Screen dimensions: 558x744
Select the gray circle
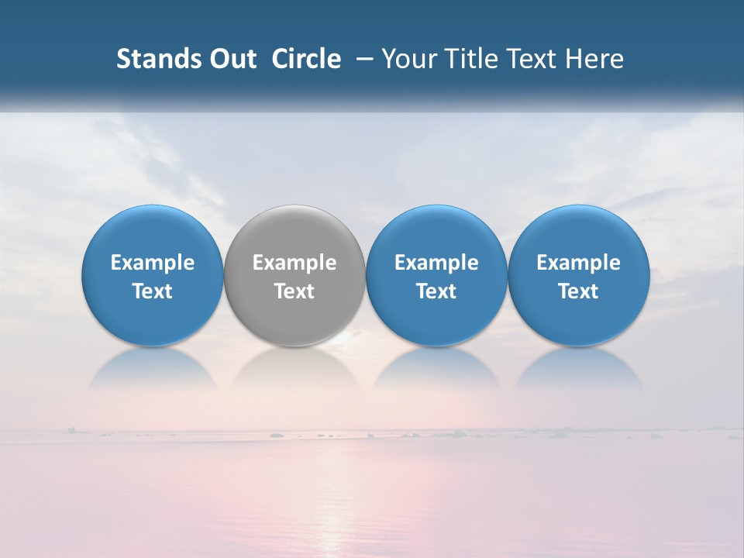tap(294, 232)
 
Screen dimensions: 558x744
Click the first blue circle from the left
tap(153, 232)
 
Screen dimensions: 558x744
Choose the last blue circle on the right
tap(579, 232)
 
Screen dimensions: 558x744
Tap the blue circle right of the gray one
tap(436, 232)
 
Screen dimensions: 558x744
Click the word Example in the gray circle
tap(294, 263)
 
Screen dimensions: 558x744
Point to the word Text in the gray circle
tap(294, 291)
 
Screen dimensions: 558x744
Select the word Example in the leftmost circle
tap(153, 263)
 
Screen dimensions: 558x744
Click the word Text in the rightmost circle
tap(579, 291)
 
